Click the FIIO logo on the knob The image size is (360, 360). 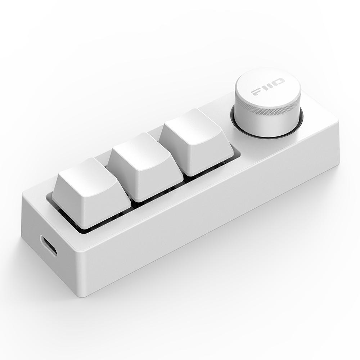[268, 87]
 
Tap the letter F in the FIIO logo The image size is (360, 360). [256, 92]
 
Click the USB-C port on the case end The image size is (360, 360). [48, 246]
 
